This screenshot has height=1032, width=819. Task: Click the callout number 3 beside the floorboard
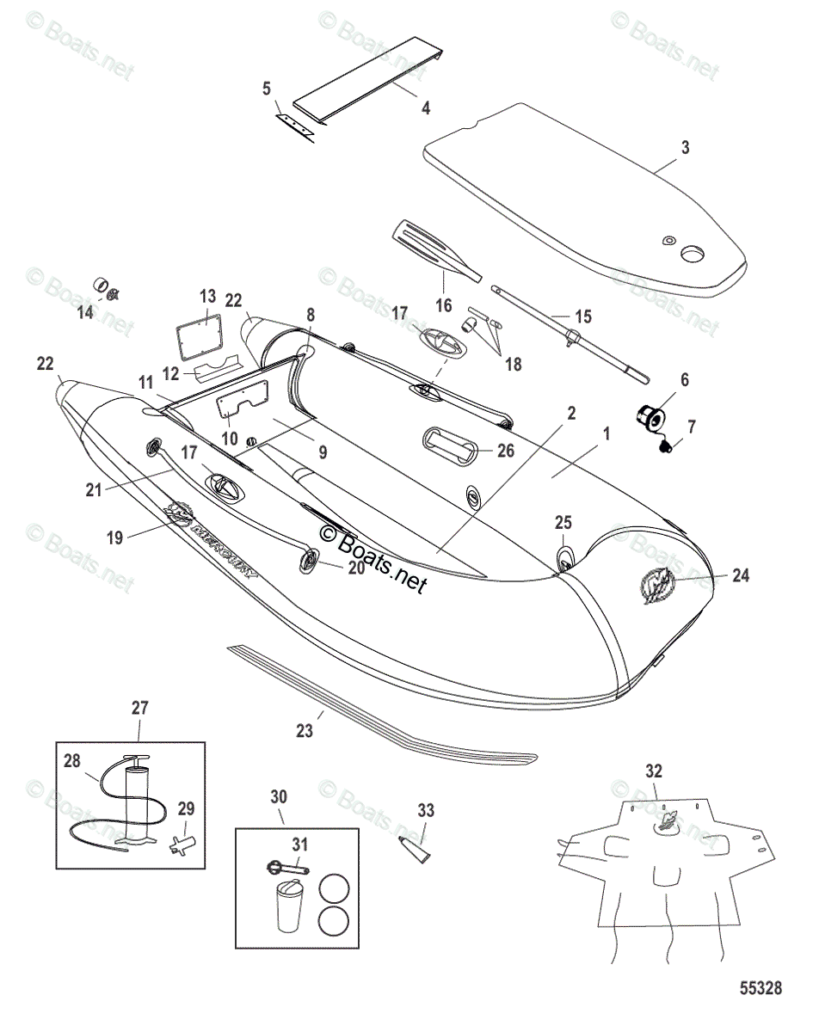tap(686, 148)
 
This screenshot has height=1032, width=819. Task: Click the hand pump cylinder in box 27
tap(137, 804)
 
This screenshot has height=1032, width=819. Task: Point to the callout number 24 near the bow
tap(740, 576)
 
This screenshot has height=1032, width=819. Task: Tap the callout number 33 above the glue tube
tap(426, 810)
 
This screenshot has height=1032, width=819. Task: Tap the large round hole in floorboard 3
tap(693, 255)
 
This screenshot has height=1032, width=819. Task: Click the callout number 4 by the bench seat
tap(424, 108)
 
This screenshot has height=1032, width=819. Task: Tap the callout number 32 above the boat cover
tap(654, 770)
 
